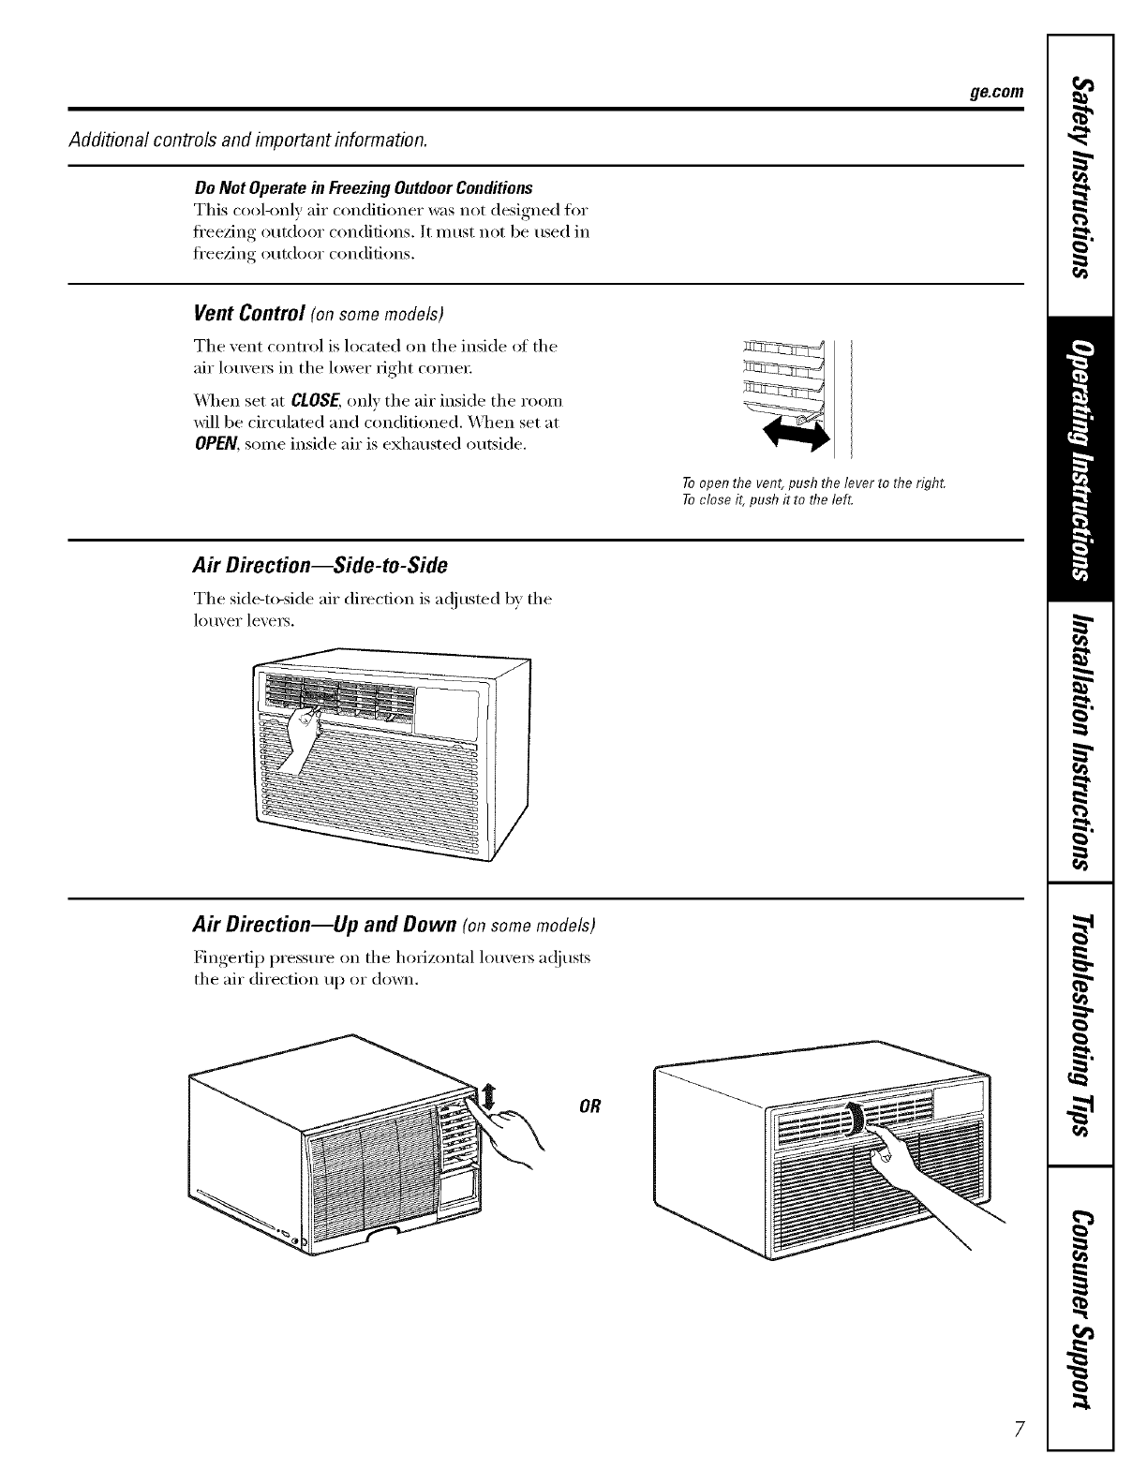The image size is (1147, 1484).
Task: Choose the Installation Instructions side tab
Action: point(1080,740)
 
